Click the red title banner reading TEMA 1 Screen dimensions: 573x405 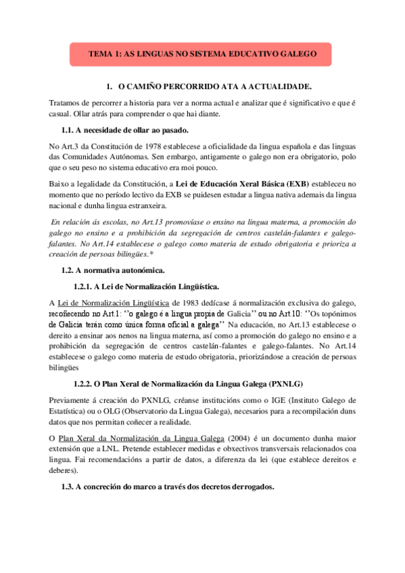(200, 53)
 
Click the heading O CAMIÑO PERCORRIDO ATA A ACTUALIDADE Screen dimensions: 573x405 (214, 87)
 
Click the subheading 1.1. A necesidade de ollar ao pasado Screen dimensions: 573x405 (125, 129)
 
